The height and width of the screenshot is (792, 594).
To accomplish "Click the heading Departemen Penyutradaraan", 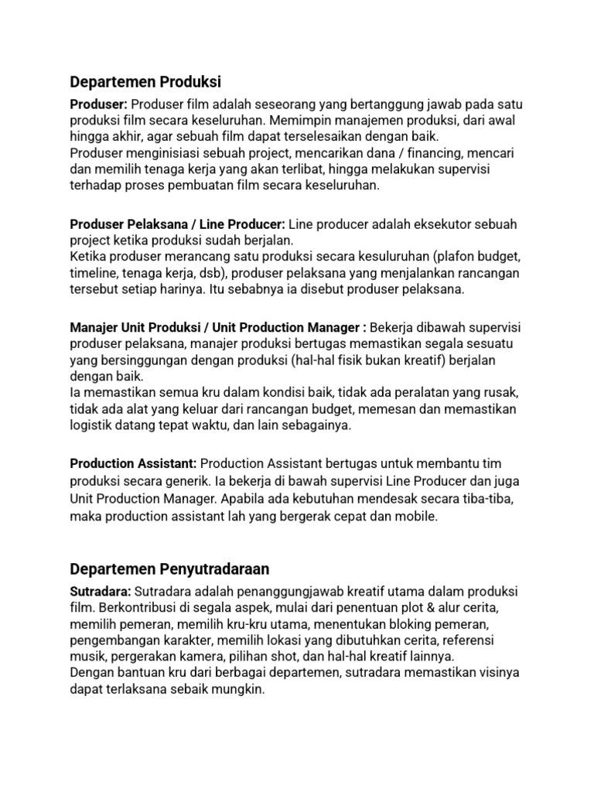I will pos(169,569).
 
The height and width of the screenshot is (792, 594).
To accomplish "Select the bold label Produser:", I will pos(98,104).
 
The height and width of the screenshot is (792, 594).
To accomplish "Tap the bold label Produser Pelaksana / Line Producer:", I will pos(178,224).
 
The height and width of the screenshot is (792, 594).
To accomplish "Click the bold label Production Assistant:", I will pos(133,463).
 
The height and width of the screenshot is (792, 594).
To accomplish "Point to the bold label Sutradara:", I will pos(99,591).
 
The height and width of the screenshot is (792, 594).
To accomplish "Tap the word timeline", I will pos(94,273).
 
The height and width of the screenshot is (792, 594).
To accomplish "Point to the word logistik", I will pos(93,425).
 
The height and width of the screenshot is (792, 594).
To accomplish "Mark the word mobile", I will pos(418,516).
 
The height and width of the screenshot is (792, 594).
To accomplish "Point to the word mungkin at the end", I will pos(239,691).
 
